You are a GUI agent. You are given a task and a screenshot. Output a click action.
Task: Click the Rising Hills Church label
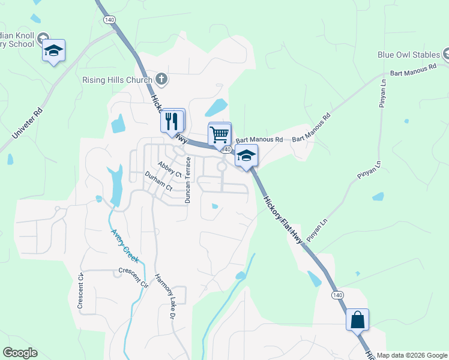[118, 80]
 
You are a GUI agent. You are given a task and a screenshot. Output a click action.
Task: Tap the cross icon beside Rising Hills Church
[161, 79]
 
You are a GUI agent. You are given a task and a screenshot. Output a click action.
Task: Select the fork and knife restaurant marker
[172, 121]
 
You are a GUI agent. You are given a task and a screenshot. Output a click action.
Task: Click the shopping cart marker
[219, 134]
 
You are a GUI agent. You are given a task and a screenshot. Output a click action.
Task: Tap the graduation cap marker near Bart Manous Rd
[246, 156]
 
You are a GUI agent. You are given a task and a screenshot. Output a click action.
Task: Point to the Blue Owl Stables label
[409, 55]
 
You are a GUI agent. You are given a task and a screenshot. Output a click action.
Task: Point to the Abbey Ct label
[169, 169]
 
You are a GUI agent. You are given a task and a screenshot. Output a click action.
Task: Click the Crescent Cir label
[133, 278]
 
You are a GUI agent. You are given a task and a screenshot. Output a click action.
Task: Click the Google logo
[20, 353]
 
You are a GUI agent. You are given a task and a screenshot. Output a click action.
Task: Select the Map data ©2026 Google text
[412, 355]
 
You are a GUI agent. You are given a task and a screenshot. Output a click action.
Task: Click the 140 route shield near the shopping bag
[338, 295]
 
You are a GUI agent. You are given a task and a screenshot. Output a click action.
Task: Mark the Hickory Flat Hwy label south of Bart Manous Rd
[280, 211]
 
